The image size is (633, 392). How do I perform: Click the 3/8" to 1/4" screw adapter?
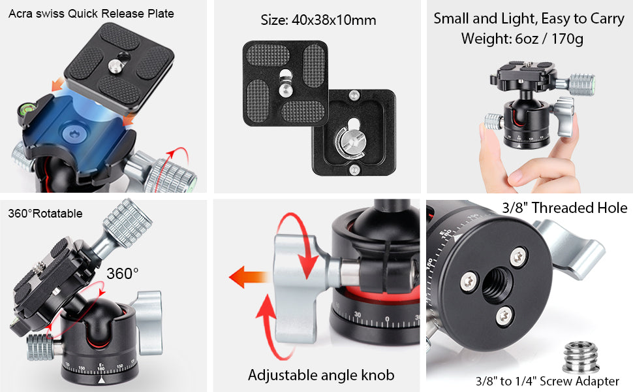[x=581, y=357]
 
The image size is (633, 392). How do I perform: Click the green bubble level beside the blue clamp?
[x=25, y=110]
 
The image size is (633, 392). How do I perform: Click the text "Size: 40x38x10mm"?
[x=318, y=20]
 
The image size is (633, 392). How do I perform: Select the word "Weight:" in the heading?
[x=486, y=39]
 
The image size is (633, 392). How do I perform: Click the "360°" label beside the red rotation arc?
[x=122, y=274]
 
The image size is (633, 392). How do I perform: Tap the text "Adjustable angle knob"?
[x=321, y=375]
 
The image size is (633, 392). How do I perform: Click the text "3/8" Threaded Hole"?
[x=564, y=208]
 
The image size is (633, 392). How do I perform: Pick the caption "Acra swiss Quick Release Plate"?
[x=91, y=14]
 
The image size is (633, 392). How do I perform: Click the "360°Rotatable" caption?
[x=45, y=214]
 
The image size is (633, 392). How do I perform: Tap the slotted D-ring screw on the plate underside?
[x=350, y=142]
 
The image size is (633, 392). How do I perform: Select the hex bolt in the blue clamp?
[x=74, y=133]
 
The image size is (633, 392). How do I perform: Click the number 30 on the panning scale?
[x=358, y=314]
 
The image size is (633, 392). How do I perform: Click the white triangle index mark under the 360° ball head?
[x=101, y=380]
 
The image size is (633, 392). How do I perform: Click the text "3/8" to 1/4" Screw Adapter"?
[x=547, y=381]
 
